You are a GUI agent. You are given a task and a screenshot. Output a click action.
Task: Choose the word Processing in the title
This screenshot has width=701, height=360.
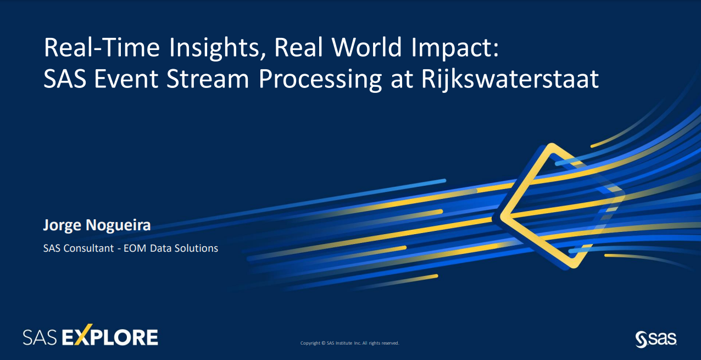tap(320, 80)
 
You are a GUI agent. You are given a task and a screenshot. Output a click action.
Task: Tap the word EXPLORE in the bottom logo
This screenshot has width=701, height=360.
tap(110, 336)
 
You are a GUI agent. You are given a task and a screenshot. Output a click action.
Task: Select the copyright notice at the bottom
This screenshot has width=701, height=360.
tap(349, 343)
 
